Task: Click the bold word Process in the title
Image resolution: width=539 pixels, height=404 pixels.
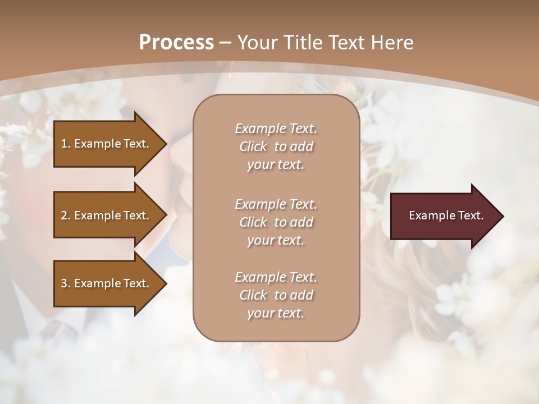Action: pos(176,43)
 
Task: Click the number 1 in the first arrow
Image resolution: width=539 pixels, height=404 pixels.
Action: pos(63,144)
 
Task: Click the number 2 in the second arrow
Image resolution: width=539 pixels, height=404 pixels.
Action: pos(63,215)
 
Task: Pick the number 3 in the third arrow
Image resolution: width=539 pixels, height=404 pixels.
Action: pos(63,283)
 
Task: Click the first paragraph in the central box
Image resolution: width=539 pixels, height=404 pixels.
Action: pos(276,146)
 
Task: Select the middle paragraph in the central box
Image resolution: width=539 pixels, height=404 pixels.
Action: pos(276,222)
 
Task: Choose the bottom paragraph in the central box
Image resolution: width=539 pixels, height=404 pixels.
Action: pos(276,295)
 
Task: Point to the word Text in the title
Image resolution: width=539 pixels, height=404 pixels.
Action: pos(342,43)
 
